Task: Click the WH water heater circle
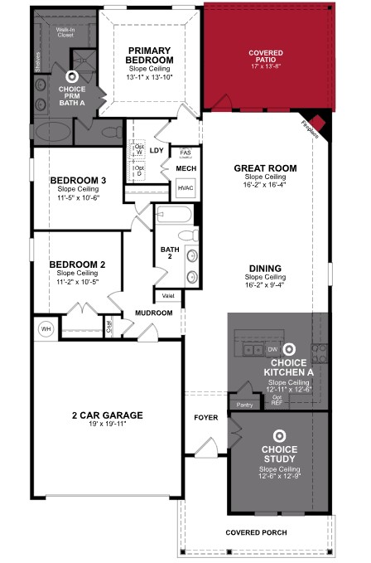coord(46,329)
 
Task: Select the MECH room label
coord(185,168)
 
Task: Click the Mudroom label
coord(153,313)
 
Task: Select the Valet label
coord(167,295)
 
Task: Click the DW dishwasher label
coord(272,349)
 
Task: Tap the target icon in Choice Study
coord(280,434)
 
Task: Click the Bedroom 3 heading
coord(78,181)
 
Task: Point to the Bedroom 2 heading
coord(77,265)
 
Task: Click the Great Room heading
coord(264,168)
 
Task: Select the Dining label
coord(265,268)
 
